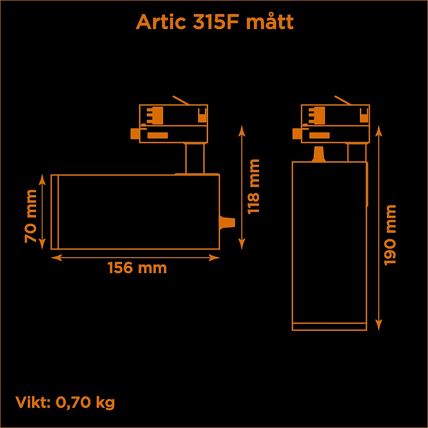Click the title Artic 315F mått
point(214,21)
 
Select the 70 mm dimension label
point(30,216)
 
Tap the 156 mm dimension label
point(137,268)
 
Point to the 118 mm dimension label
point(253,187)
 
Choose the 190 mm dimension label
point(390,235)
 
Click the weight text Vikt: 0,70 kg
point(65,402)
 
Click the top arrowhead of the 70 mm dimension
point(42,180)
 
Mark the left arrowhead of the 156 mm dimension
point(56,258)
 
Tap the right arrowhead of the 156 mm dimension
point(214,258)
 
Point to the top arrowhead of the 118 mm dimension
point(241,131)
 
